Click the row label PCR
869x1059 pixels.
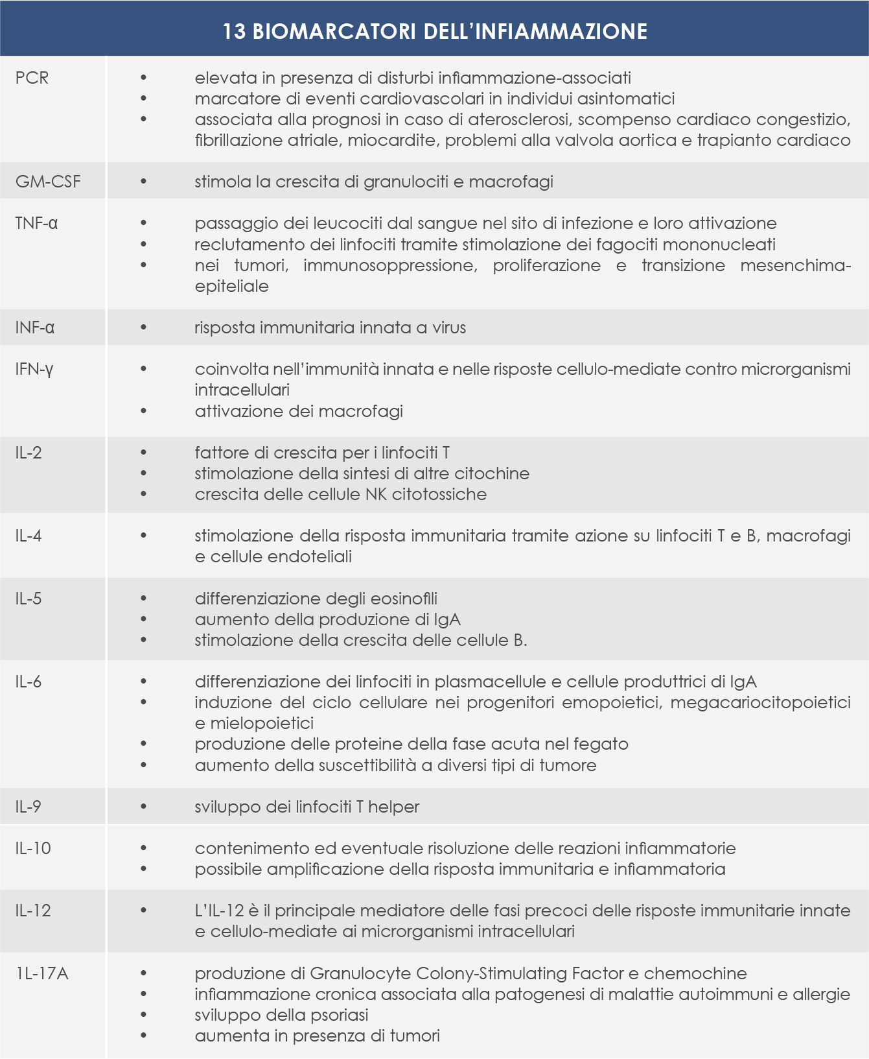point(32,78)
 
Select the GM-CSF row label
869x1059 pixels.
point(48,182)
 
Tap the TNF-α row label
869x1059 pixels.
point(36,223)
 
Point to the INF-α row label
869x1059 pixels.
point(35,327)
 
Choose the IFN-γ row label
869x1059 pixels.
point(34,369)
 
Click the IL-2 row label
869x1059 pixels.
point(29,453)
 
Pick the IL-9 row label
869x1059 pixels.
point(29,807)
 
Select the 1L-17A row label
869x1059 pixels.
point(41,973)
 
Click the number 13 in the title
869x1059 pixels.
point(235,31)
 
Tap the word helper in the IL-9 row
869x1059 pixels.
point(394,807)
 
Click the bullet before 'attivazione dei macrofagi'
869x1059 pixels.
point(143,411)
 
